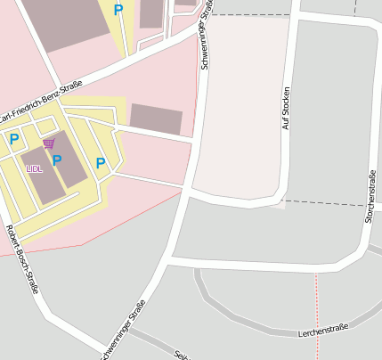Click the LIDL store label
[x=34, y=168]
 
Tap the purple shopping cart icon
[x=48, y=143]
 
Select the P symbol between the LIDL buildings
[x=57, y=160]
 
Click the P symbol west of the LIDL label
[x=14, y=139]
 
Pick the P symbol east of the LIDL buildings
[x=101, y=163]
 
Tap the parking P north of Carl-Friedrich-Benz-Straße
[x=118, y=10]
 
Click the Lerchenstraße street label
[x=322, y=331]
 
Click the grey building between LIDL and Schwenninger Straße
[x=156, y=119]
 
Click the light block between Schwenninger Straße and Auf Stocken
[x=245, y=107]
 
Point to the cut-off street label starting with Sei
[x=182, y=354]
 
